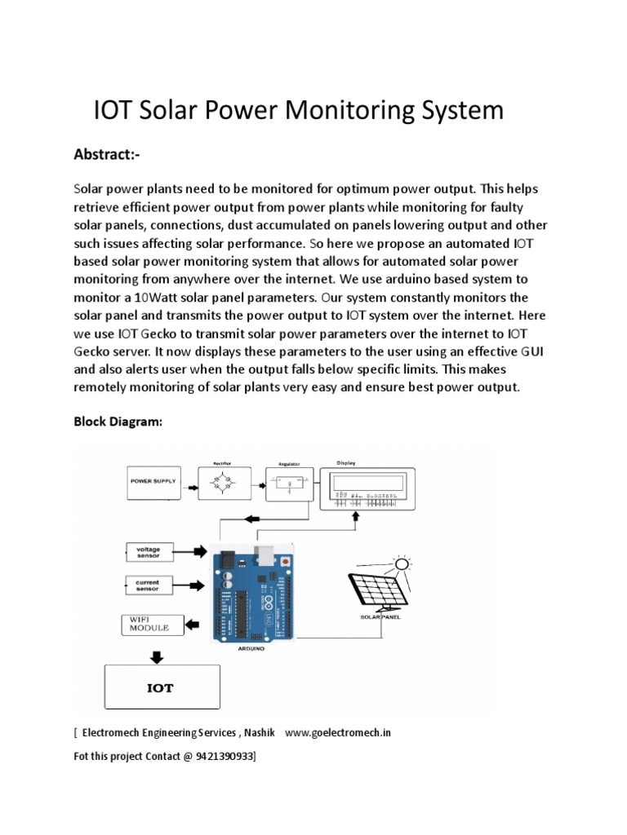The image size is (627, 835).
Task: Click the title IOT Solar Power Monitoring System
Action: point(299,110)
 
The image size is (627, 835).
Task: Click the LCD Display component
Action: point(366,489)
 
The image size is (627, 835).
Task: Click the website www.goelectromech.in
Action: point(338,732)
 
